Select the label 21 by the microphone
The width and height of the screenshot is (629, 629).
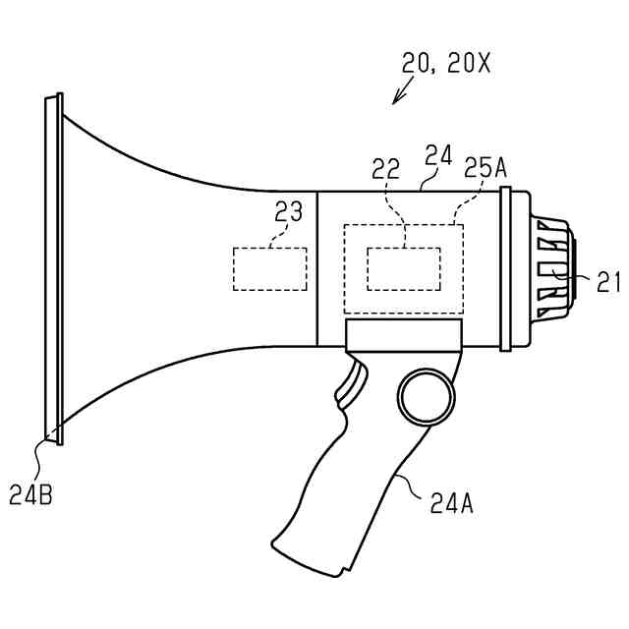[x=609, y=282]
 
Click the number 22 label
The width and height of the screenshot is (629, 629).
[x=385, y=169]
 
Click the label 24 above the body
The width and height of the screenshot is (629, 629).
[x=437, y=154]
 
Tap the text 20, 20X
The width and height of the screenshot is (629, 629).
[x=445, y=64]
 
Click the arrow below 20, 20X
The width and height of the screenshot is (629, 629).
[x=401, y=92]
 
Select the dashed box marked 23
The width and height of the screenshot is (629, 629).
[x=269, y=268]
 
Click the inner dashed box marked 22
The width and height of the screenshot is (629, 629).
[x=403, y=268]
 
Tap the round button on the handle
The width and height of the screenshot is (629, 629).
[x=427, y=396]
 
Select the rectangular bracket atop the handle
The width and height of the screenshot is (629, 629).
[x=403, y=334]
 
